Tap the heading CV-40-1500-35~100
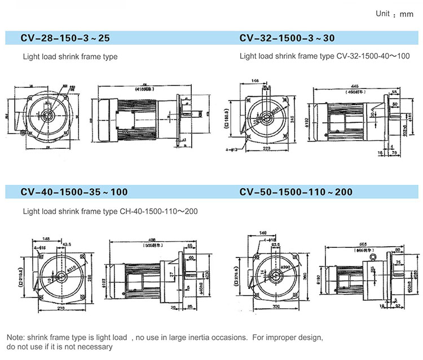[75, 192]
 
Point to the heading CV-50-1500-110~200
[296, 192]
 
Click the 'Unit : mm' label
[394, 14]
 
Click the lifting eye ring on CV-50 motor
[372, 258]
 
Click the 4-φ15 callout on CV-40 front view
[39, 247]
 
